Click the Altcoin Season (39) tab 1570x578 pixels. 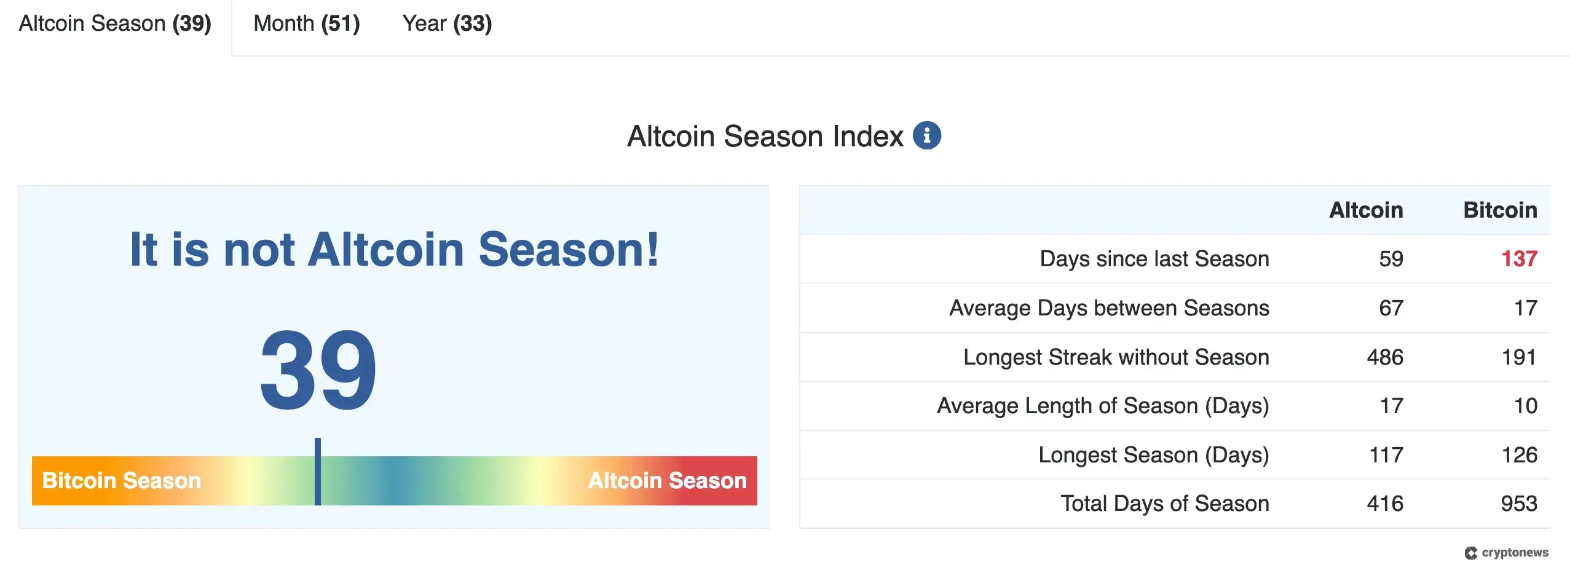point(115,24)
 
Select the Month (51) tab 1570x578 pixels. point(306,24)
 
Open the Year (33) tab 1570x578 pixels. point(447,24)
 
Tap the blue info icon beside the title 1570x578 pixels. point(926,135)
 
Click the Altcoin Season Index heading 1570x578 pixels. point(765,137)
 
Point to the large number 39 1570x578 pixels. point(318,371)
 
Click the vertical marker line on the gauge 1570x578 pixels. point(318,472)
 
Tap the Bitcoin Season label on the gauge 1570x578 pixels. point(122,480)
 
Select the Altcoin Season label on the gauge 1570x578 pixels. point(667,480)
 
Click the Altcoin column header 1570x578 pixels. point(1366,210)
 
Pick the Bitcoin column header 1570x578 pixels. point(1500,210)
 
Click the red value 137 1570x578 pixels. point(1519,259)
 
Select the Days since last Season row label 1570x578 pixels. point(1154,259)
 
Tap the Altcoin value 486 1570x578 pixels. point(1385,357)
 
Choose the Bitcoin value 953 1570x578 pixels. point(1519,504)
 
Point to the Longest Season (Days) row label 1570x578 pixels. point(1153,455)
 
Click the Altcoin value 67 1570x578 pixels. point(1391,308)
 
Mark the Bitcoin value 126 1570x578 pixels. point(1519,455)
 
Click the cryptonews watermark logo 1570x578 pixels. point(1506,553)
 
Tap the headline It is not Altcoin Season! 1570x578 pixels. point(394,250)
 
